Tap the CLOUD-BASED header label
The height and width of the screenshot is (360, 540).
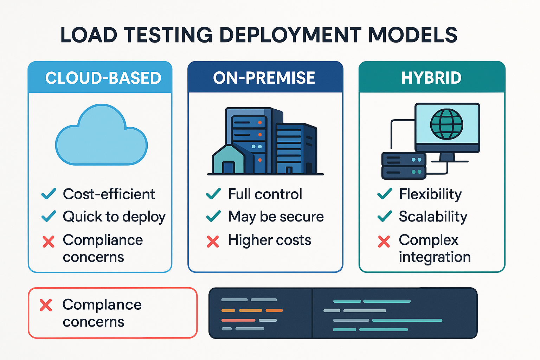point(103,78)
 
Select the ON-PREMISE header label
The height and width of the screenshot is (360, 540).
point(264,78)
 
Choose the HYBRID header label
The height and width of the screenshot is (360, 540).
point(431,78)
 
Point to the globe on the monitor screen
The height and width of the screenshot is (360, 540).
point(446,124)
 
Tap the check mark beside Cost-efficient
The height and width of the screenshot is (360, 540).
point(49,194)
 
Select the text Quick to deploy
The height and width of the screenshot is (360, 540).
point(114,217)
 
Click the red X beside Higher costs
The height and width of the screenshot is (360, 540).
point(213,242)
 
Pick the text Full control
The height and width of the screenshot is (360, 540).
point(265,194)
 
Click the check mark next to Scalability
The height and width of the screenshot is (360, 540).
point(385,216)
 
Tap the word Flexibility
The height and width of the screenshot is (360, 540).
point(430,194)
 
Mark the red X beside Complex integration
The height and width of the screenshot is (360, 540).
point(384,242)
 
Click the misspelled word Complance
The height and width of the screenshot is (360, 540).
point(102,305)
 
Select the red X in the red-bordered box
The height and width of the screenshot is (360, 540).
point(46,305)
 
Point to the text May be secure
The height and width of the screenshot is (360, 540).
point(276,217)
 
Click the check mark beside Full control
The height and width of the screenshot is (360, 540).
point(213,194)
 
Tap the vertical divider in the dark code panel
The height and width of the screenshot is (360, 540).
point(313,313)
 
